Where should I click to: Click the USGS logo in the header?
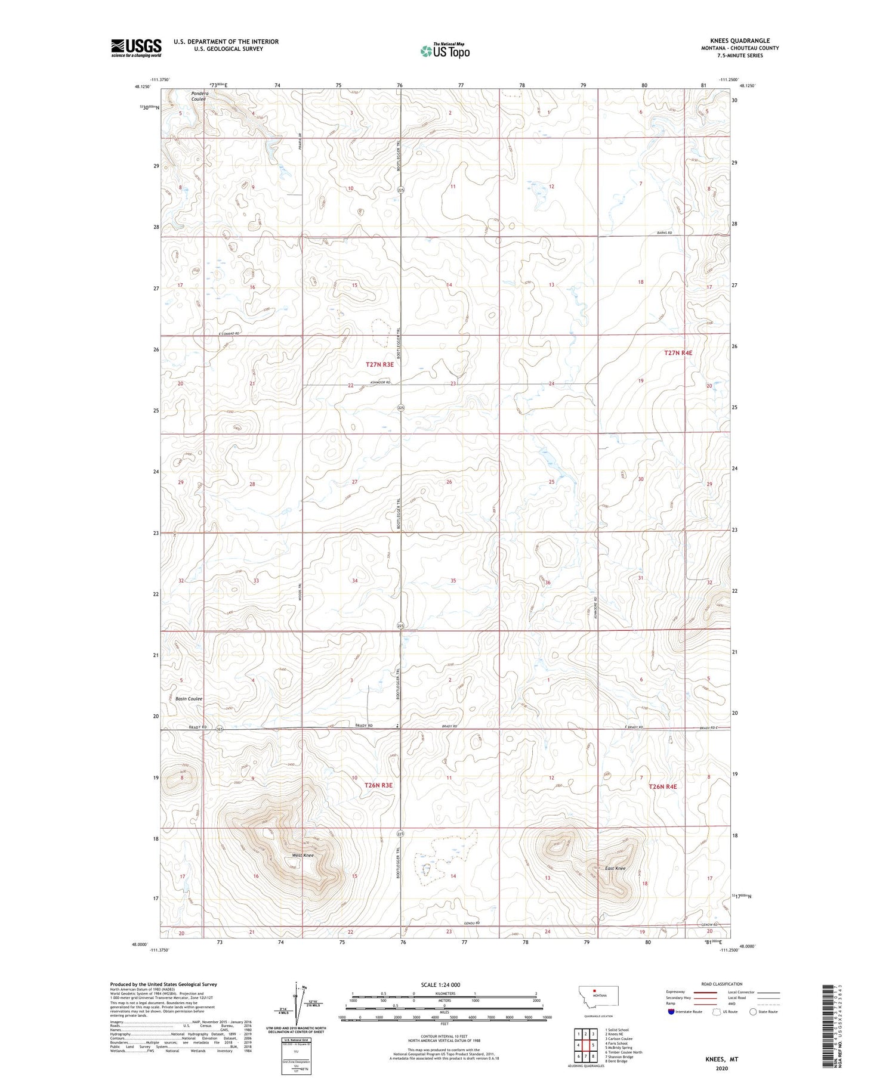point(136,48)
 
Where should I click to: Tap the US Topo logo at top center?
point(445,51)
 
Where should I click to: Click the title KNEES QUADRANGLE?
point(738,41)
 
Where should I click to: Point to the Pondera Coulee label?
point(199,96)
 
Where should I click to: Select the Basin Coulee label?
point(189,699)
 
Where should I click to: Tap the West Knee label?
point(302,855)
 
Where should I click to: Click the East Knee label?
point(615,868)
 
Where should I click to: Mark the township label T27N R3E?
point(379,364)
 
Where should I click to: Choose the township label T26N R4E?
point(663,786)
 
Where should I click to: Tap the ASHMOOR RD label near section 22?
point(379,382)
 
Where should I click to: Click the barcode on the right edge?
point(827,1024)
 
